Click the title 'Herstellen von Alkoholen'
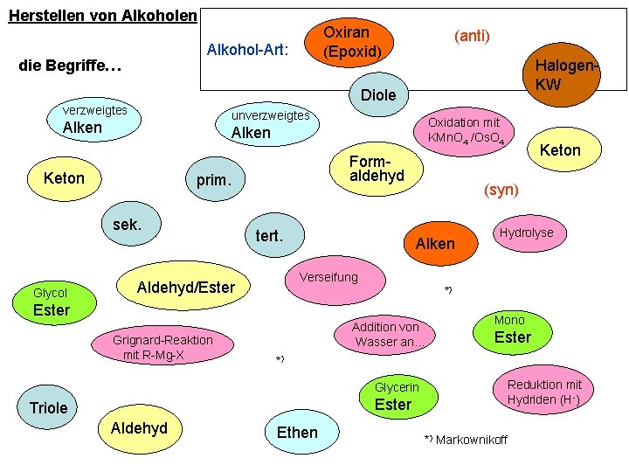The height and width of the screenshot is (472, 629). [102, 17]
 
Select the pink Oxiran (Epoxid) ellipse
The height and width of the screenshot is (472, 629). [352, 42]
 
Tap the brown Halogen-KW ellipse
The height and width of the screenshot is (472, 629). [562, 76]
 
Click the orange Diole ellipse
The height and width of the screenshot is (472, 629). [378, 94]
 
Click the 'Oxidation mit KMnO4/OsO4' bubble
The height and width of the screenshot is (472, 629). [464, 131]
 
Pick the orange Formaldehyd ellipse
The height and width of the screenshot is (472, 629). [377, 169]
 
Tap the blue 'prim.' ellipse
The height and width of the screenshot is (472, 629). [213, 181]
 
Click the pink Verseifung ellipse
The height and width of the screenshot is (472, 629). [328, 277]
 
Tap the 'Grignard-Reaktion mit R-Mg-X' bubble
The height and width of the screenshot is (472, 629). [162, 347]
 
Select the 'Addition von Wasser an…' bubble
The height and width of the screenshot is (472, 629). [385, 334]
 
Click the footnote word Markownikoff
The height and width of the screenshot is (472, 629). [471, 438]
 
